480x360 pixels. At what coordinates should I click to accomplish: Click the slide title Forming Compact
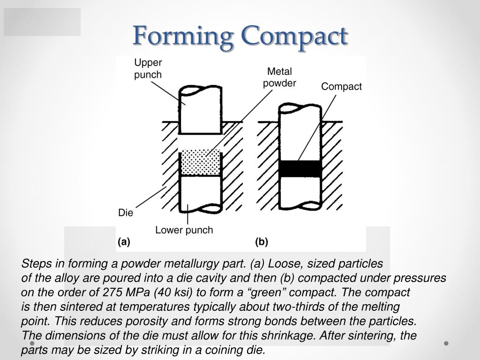point(240,36)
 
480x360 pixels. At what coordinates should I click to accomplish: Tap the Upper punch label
point(148,68)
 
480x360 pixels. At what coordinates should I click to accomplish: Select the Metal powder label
point(279,77)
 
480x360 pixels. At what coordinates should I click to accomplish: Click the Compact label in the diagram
point(341,87)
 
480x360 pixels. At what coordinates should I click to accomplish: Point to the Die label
point(126,213)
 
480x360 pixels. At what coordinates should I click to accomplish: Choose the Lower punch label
point(184,230)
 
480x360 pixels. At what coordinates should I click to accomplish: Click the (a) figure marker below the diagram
point(124,242)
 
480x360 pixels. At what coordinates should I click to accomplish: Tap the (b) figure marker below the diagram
point(262,242)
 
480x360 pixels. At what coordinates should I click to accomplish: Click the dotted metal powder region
point(201,163)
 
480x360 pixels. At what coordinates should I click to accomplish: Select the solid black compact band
point(300,169)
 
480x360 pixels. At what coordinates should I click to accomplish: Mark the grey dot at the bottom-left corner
point(32,343)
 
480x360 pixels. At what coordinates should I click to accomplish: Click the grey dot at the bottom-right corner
point(446,343)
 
